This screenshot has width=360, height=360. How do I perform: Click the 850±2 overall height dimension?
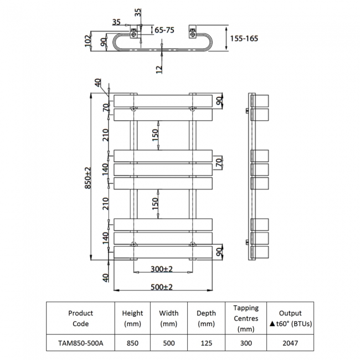(x=88, y=178)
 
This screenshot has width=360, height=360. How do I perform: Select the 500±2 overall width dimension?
(x=161, y=287)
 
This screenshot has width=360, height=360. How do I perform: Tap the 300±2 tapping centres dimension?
(x=161, y=269)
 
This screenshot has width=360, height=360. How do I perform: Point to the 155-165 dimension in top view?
(x=244, y=38)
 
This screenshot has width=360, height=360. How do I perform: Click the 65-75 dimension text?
(x=164, y=30)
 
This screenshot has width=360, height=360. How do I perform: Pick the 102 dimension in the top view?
(x=88, y=41)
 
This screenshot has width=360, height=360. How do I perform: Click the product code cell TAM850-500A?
(x=81, y=343)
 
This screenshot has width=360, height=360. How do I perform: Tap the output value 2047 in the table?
(x=290, y=343)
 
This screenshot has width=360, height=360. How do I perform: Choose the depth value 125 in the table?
(x=206, y=343)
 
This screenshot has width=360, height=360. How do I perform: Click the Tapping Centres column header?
(x=246, y=318)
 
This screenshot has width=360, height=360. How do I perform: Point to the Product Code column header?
(x=81, y=318)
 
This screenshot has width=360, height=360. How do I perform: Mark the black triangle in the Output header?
(x=272, y=324)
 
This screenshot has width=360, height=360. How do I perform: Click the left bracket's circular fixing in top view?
(x=133, y=35)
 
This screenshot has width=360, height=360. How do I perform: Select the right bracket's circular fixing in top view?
(x=193, y=35)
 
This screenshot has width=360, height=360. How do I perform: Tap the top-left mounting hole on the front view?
(x=133, y=108)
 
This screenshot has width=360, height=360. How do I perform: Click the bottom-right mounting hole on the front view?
(x=193, y=244)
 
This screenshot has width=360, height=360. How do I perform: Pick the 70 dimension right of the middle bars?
(x=219, y=162)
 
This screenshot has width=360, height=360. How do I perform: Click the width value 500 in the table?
(x=169, y=343)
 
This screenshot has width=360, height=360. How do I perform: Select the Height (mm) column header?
(x=132, y=318)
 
